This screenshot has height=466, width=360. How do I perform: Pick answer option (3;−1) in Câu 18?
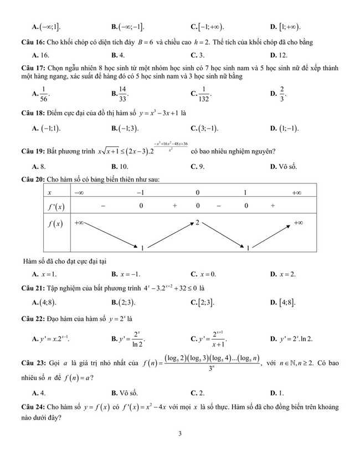[x=204, y=129]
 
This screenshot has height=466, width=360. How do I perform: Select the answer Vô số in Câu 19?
[x=282, y=166]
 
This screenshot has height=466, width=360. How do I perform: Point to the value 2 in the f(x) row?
[x=197, y=222]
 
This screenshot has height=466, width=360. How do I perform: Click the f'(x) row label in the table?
[x=54, y=207]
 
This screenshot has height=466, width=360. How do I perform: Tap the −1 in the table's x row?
[x=141, y=192]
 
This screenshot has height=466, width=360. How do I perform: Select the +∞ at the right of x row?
[x=296, y=192]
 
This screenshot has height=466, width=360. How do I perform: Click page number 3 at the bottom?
[x=180, y=434]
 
